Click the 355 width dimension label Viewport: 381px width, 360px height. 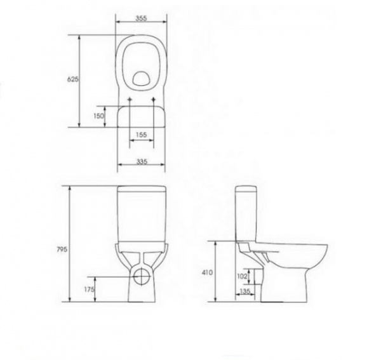(x=141, y=18)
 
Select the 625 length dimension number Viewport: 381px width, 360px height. (x=72, y=79)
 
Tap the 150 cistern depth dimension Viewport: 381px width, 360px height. (x=98, y=116)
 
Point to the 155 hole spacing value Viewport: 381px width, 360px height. (x=142, y=135)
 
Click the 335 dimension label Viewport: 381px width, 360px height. (x=142, y=161)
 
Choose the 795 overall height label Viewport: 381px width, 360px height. (x=62, y=250)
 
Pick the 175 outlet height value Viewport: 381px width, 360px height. (x=89, y=290)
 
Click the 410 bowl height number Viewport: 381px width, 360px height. (x=207, y=272)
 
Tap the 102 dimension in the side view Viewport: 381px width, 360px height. (x=242, y=276)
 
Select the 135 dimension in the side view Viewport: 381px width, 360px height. (x=245, y=291)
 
